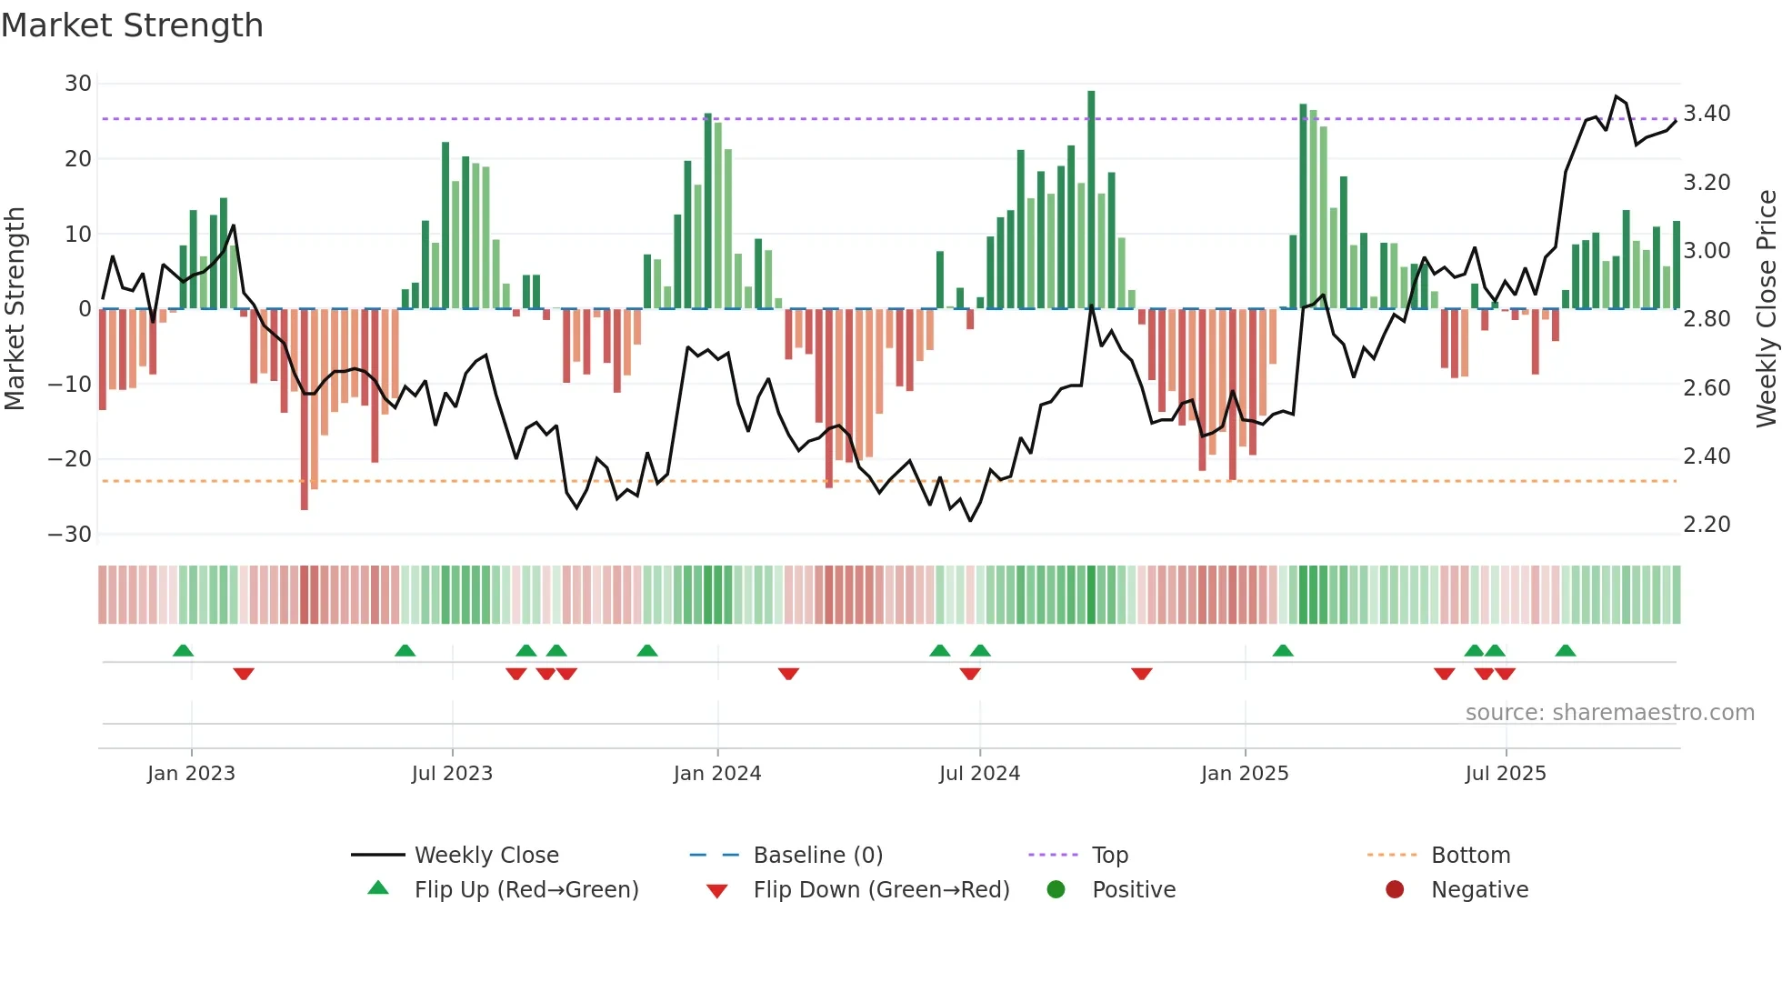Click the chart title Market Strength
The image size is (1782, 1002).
(132, 25)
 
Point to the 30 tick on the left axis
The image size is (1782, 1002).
(78, 84)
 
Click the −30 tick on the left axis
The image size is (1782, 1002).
(70, 535)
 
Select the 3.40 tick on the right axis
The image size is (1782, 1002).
(1707, 114)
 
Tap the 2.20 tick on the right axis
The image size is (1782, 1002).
(1707, 525)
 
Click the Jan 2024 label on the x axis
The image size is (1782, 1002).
(716, 774)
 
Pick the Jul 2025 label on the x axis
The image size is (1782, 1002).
(1505, 774)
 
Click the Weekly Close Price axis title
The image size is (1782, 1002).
(1766, 309)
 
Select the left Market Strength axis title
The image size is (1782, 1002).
(15, 309)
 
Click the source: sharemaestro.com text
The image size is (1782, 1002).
(1609, 713)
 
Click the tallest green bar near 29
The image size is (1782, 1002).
(1091, 200)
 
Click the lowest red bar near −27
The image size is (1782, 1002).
(305, 409)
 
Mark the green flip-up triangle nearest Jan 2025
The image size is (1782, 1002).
(1283, 651)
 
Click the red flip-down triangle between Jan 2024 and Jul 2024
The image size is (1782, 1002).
(788, 674)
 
